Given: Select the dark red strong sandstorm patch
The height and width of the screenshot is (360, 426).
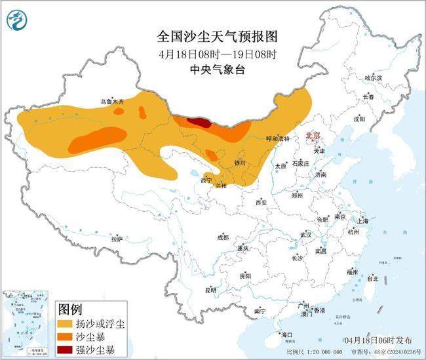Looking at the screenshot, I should click(x=198, y=121).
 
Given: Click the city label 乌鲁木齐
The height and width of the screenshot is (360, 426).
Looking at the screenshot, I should click(x=111, y=102).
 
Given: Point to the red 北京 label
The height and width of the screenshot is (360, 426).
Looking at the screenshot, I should click(x=313, y=136).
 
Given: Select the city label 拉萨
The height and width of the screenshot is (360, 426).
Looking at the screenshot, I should click(x=117, y=240).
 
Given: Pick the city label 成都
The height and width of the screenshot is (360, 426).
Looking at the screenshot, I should click(x=223, y=237).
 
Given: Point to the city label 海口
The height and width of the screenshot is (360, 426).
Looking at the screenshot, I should click(x=286, y=334).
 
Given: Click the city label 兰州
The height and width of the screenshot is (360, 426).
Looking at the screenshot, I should click(x=222, y=186).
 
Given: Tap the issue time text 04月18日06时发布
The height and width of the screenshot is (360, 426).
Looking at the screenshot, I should click(x=379, y=340).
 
